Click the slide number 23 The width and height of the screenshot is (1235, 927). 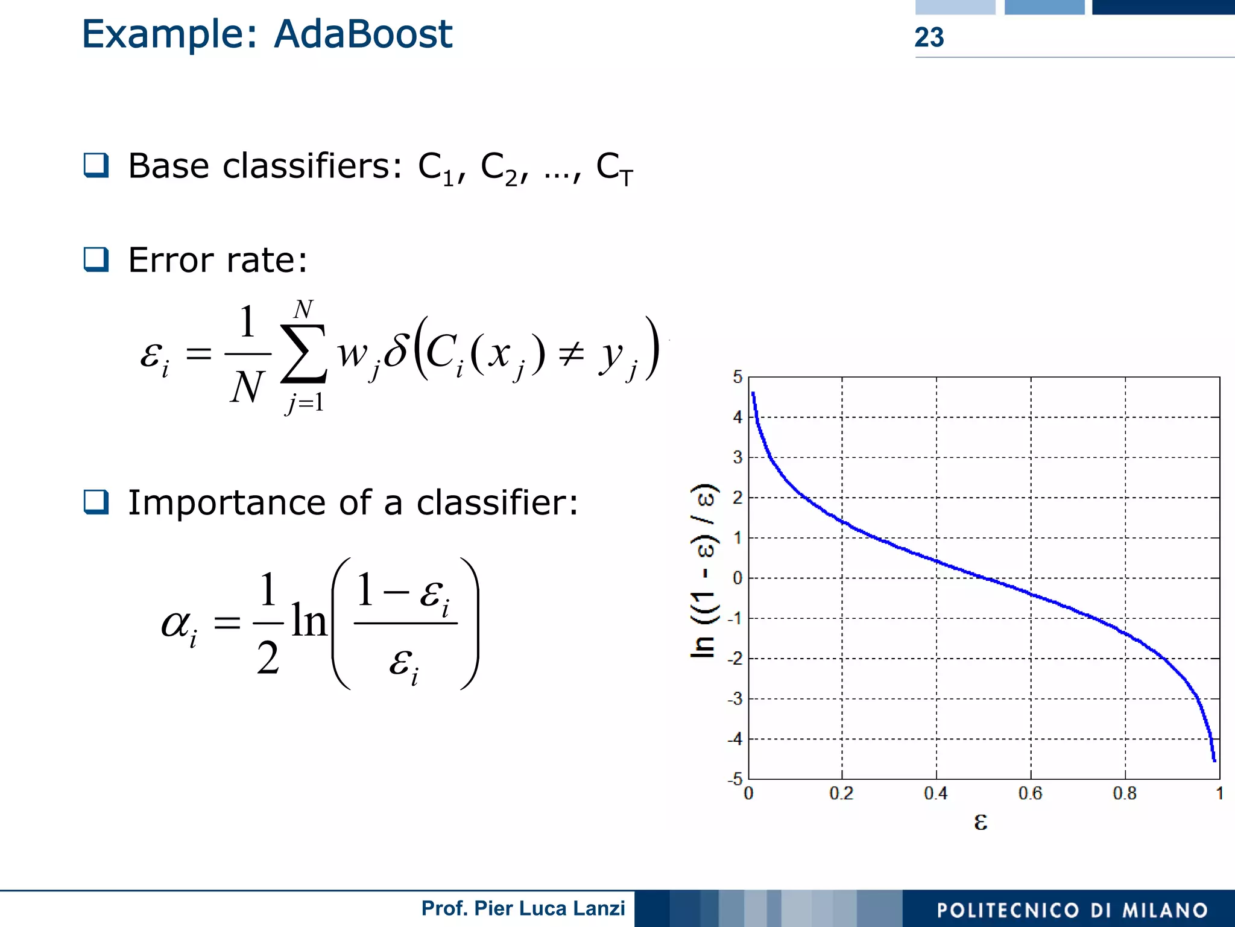click(929, 37)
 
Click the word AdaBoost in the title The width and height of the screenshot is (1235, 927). click(363, 34)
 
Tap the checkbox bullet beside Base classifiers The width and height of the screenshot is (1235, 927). click(96, 165)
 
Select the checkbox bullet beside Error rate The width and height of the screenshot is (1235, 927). click(96, 259)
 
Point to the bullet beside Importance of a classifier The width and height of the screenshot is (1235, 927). click(96, 502)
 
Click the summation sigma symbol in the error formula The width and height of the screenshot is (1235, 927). click(303, 354)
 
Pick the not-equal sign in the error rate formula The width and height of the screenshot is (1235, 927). click(570, 354)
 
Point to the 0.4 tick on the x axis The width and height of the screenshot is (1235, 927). click(935, 793)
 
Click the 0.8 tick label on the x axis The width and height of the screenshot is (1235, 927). click(1124, 793)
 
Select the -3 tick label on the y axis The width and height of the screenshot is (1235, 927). click(734, 699)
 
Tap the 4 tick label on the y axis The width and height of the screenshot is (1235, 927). click(737, 417)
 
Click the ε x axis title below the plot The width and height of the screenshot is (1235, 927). click(981, 821)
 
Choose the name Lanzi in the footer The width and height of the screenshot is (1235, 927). click(601, 908)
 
